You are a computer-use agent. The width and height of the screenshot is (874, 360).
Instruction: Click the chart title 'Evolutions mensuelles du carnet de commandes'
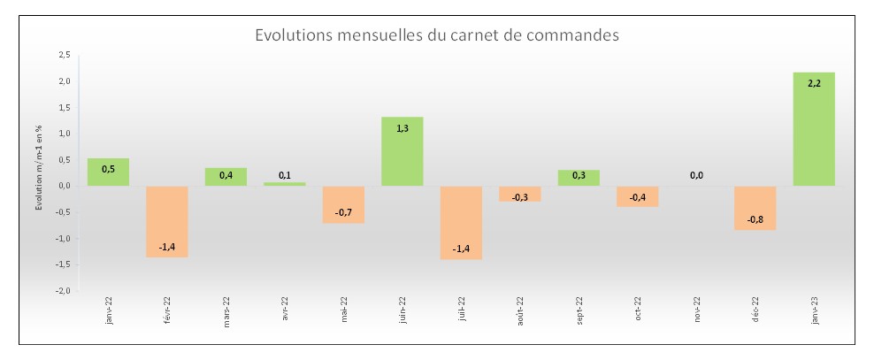(436, 35)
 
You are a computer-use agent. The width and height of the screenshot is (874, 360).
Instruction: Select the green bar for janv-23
(814, 128)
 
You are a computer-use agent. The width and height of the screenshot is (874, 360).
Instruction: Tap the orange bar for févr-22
(166, 221)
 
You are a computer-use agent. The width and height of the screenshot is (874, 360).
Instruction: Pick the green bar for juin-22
(402, 151)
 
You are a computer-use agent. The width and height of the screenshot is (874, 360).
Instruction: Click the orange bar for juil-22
(461, 222)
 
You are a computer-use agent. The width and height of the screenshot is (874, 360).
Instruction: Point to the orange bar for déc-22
(755, 207)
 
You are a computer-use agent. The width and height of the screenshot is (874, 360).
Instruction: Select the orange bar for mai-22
(343, 204)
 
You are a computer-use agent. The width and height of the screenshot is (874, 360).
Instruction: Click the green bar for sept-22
(579, 178)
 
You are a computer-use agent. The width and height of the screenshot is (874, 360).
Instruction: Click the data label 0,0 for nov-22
(696, 175)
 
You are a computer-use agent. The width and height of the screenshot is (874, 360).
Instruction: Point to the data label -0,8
(755, 219)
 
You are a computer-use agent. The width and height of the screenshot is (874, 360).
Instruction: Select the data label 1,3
(402, 128)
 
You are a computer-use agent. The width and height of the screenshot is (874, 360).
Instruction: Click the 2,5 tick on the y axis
(64, 55)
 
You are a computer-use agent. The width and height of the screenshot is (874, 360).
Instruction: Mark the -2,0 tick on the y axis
(62, 290)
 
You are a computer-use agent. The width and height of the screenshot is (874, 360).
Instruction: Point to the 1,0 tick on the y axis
(64, 134)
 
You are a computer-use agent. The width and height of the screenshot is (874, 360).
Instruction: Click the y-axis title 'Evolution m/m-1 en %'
(40, 168)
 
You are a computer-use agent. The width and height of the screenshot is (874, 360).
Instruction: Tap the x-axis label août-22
(520, 312)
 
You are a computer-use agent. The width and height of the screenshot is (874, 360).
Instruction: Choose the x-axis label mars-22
(226, 312)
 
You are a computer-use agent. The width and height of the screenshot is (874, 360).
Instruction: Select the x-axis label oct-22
(638, 310)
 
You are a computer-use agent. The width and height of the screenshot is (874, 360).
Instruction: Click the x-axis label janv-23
(814, 311)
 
